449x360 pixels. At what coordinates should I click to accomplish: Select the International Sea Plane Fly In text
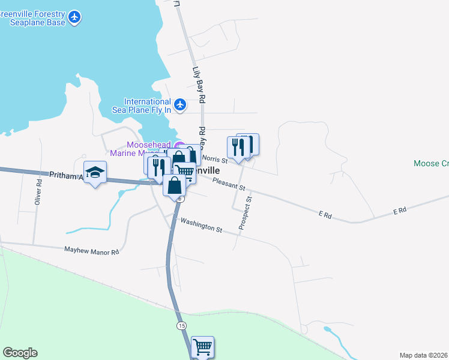click(x=147, y=106)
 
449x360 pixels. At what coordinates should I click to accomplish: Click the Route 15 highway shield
click(x=181, y=325)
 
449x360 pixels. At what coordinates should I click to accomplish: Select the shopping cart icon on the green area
click(x=202, y=346)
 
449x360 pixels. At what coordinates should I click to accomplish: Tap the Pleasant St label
click(x=229, y=184)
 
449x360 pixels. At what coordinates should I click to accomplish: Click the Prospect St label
click(x=245, y=212)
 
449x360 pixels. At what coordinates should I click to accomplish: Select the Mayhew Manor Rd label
click(x=91, y=250)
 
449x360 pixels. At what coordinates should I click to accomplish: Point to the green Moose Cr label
click(x=431, y=163)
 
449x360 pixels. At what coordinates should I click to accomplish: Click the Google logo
click(x=20, y=353)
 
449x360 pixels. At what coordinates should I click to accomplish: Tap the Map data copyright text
click(x=424, y=355)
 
